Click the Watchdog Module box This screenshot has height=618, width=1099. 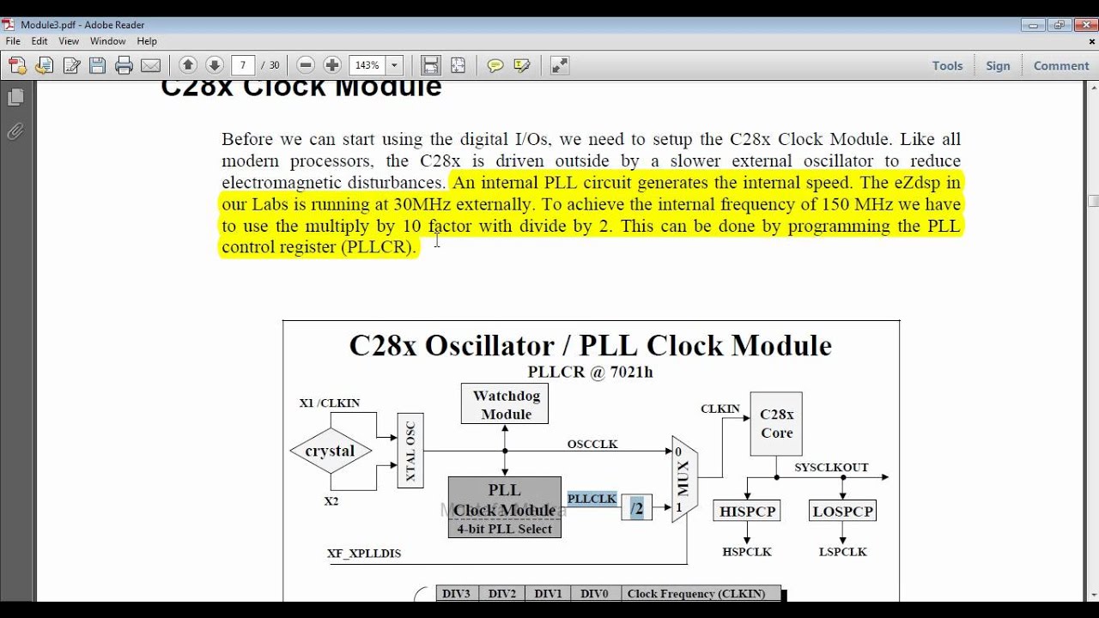coord(506,403)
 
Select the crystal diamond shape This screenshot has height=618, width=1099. coord(330,451)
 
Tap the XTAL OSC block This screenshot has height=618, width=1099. coord(410,451)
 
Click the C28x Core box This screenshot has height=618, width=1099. coord(776,424)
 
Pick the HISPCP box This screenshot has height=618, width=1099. coord(747,511)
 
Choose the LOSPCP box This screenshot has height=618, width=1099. coord(843,511)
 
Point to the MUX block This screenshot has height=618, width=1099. coord(684,478)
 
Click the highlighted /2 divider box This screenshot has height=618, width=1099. coord(636,508)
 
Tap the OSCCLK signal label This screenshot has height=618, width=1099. coord(592,444)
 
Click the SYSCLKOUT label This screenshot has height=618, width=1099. coord(831,467)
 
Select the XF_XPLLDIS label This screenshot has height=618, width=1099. coord(364,553)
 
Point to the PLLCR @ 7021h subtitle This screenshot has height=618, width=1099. coord(590,372)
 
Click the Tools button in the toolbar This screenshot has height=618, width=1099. coord(947,65)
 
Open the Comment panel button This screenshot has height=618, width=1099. coord(1060,65)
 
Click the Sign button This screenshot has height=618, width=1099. coord(998,65)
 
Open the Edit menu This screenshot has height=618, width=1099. coord(39,40)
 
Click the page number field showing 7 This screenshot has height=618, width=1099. coord(244,65)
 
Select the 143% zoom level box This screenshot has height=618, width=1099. coord(368,65)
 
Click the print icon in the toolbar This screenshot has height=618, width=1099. coord(124,65)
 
